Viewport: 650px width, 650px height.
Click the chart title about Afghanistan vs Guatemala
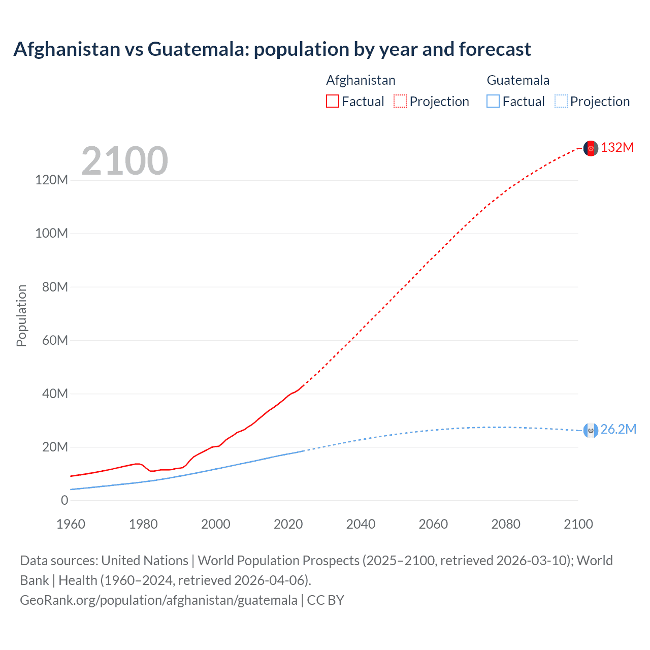[272, 49]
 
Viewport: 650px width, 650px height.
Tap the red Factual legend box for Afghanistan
[332, 101]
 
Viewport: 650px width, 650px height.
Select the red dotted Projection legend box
[400, 101]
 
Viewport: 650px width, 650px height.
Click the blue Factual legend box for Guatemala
[493, 101]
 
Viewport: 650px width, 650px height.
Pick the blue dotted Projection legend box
[561, 101]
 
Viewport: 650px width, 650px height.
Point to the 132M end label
[617, 148]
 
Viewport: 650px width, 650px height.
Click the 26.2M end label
[618, 430]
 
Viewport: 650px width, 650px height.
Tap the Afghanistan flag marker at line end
[591, 148]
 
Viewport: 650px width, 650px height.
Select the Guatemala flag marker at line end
[591, 431]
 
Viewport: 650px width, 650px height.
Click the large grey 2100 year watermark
[124, 161]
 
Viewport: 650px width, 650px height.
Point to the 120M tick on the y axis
[51, 180]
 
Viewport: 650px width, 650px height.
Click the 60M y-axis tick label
[55, 340]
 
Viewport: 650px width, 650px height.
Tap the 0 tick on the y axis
[64, 501]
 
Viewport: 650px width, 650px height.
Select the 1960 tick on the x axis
[71, 524]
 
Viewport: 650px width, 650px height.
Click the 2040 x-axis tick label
[361, 524]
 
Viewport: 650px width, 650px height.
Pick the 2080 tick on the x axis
[506, 524]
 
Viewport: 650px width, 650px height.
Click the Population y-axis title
[21, 315]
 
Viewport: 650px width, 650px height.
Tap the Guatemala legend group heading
[518, 80]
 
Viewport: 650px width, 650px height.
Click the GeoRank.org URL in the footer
[158, 600]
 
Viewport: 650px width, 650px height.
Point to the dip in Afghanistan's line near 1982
[151, 471]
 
